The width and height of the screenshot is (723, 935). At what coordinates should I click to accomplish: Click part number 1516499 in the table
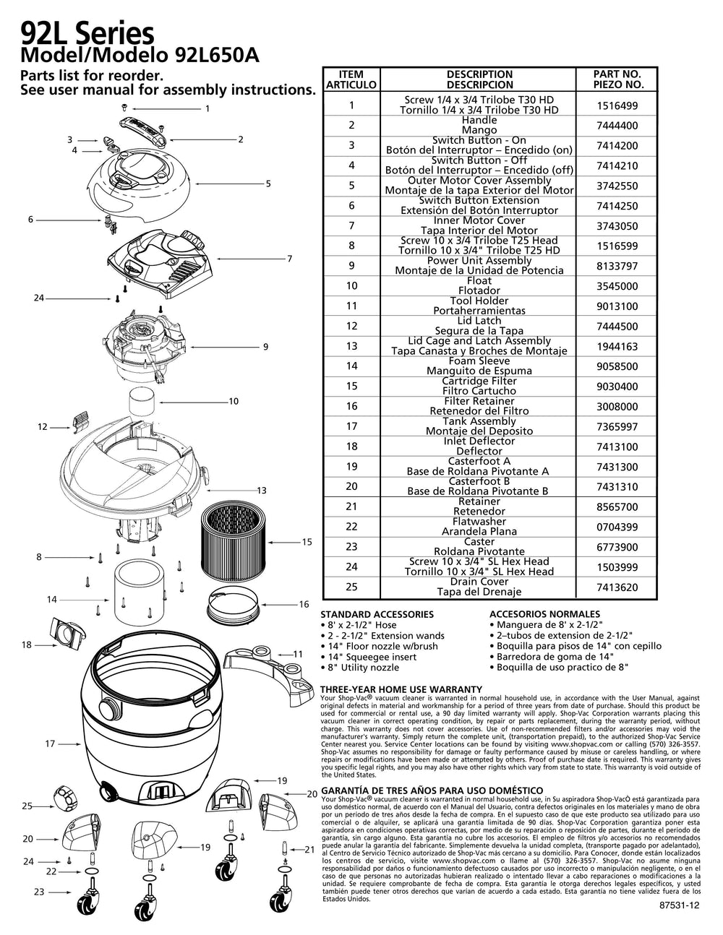[x=617, y=105]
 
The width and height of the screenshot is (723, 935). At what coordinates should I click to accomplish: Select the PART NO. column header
[x=617, y=79]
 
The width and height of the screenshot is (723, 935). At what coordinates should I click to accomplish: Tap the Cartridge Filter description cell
[x=479, y=386]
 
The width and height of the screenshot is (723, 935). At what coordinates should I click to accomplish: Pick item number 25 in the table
[x=352, y=587]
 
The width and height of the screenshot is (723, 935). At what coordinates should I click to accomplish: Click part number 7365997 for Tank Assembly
[x=617, y=427]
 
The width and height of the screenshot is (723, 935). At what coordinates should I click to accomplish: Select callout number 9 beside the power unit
[x=265, y=347]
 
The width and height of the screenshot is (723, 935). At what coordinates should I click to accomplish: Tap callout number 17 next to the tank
[x=50, y=743]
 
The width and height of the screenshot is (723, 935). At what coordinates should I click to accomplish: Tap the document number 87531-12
[x=680, y=925]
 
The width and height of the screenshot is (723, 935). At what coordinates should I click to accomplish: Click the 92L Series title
[x=87, y=33]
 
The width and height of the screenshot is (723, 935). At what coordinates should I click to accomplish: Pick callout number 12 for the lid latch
[x=43, y=427]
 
